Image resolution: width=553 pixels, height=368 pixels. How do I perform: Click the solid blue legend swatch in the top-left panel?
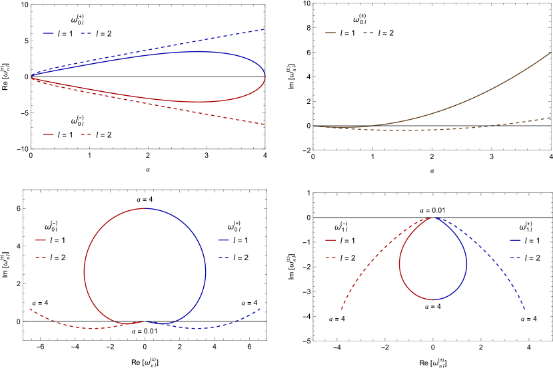tap(48, 33)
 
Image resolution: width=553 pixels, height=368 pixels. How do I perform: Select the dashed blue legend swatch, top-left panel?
tap(86, 33)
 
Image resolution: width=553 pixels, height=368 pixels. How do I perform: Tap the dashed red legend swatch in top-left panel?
tap(86, 134)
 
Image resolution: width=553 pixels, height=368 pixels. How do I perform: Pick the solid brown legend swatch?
tap(330, 33)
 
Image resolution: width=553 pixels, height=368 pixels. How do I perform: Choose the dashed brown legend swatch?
tap(368, 33)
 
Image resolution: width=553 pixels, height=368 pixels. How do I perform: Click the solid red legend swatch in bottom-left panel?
tap(41, 240)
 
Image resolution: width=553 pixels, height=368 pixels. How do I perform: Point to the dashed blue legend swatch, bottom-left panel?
tap(223, 257)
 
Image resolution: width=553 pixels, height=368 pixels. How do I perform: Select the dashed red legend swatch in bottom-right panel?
tap(330, 257)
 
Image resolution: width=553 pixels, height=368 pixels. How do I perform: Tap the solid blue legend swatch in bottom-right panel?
tap(516, 240)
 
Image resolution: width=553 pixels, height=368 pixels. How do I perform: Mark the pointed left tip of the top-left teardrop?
tap(32, 77)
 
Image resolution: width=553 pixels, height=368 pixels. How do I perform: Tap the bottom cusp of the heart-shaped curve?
tap(145, 322)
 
